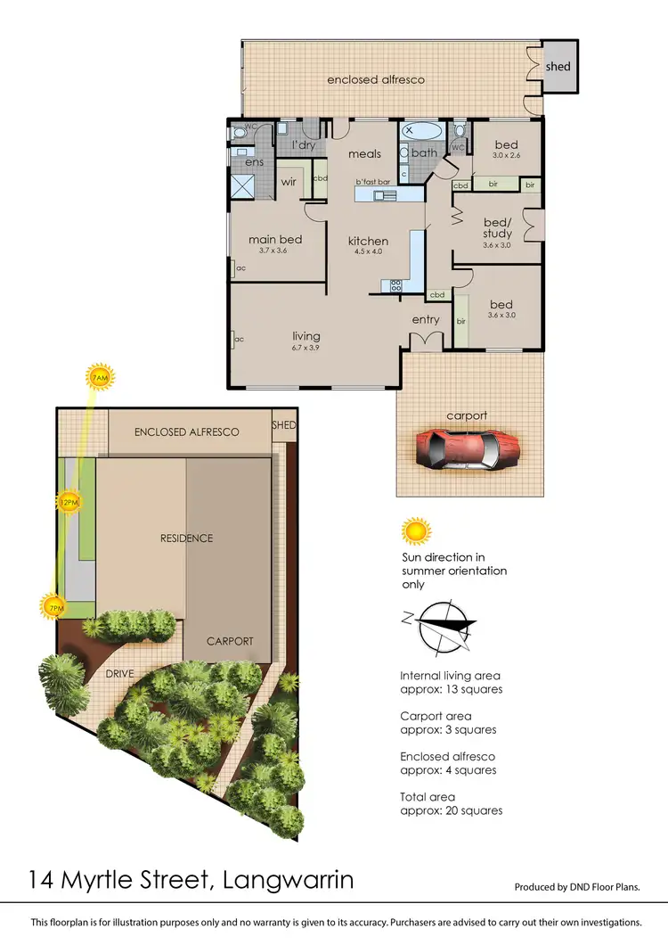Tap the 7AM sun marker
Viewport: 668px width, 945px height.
101,378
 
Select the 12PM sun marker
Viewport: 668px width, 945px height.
69,502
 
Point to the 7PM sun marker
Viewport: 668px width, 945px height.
54,608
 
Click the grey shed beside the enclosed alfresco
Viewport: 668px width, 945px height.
558,66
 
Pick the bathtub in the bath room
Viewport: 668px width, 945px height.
422,131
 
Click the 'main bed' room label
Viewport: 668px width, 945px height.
275,239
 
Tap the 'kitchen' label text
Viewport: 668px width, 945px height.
368,241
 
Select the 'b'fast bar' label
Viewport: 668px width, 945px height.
373,182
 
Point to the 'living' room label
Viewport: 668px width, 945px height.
305,336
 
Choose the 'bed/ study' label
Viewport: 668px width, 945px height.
497,228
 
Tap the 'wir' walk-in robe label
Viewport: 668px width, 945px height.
289,182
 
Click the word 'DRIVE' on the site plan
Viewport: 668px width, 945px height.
118,674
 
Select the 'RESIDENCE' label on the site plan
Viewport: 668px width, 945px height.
186,538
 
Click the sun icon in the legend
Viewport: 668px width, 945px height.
414,532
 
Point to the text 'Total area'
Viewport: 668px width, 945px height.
428,797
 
